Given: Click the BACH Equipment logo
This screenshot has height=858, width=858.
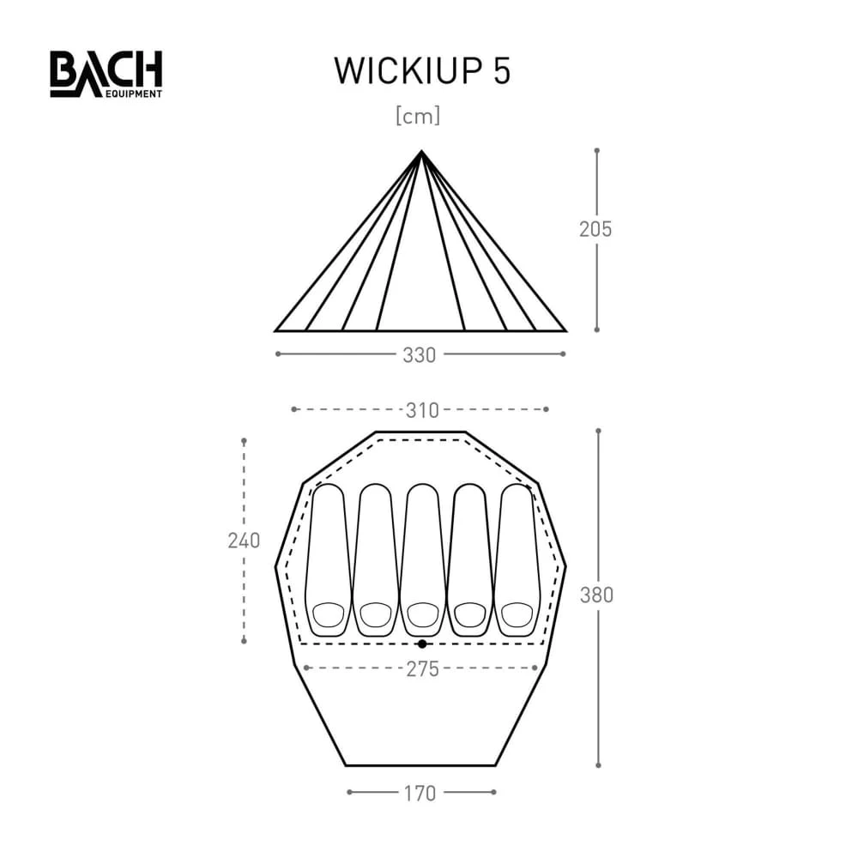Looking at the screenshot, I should pos(106,74).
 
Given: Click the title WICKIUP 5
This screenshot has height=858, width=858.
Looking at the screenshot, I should pos(422,72).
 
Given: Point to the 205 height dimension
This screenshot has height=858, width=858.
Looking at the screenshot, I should pos(595,229).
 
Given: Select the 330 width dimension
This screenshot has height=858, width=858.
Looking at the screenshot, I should pos(420,354).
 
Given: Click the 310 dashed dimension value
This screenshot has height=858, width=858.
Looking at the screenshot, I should pos(420,409).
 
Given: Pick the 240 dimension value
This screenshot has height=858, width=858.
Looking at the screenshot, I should pos(244,541).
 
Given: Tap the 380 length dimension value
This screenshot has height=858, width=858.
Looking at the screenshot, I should pos(597,595).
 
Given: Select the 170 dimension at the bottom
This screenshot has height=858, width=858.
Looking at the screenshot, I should pos(420,793).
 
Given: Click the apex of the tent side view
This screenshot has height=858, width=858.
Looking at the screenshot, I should pos(421,152).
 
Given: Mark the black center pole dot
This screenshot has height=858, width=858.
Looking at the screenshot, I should pos(421,643).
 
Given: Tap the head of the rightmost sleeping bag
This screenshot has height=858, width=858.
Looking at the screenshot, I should pos(516,614).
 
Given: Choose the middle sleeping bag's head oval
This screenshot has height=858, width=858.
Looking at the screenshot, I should pos(422,614).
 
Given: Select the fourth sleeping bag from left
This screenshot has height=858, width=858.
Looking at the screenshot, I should pos(469,558).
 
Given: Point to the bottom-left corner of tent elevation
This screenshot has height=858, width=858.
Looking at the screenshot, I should pos(276,330).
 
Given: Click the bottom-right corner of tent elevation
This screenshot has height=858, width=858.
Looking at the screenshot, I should pos(565,330).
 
